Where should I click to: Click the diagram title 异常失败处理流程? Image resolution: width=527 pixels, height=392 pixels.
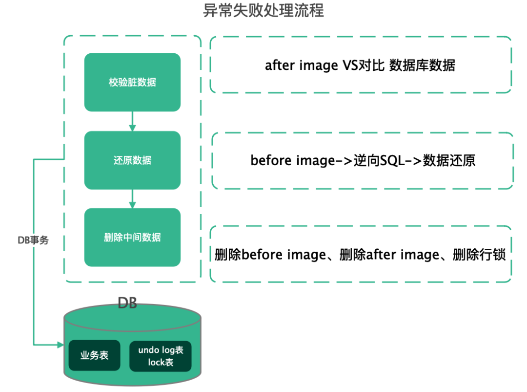point(263,11)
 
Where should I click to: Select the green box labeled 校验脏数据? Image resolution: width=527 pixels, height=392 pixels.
point(132,82)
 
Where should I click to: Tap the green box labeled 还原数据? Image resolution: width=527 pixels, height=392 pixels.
point(132,160)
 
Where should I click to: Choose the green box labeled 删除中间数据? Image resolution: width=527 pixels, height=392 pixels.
point(132,238)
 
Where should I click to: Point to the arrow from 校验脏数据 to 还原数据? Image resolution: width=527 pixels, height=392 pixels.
point(132,121)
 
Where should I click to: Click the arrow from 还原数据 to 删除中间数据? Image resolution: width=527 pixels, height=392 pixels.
point(132,199)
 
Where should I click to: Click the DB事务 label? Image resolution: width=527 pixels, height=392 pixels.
point(33,240)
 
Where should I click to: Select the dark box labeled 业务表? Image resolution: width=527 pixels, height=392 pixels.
point(94,355)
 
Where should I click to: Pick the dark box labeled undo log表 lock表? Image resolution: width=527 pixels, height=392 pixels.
point(161,356)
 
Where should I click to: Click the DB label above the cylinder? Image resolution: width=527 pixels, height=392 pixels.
point(127,303)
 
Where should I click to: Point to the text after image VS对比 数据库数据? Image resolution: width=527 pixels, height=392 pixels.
point(360,65)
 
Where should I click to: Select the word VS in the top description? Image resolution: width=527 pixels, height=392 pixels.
point(347,65)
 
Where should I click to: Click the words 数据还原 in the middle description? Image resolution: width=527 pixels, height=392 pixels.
point(449,160)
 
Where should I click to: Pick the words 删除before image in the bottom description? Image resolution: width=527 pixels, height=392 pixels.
point(270,254)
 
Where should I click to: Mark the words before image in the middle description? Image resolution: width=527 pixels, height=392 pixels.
point(291,160)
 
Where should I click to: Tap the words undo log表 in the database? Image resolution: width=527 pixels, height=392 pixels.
point(161,350)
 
